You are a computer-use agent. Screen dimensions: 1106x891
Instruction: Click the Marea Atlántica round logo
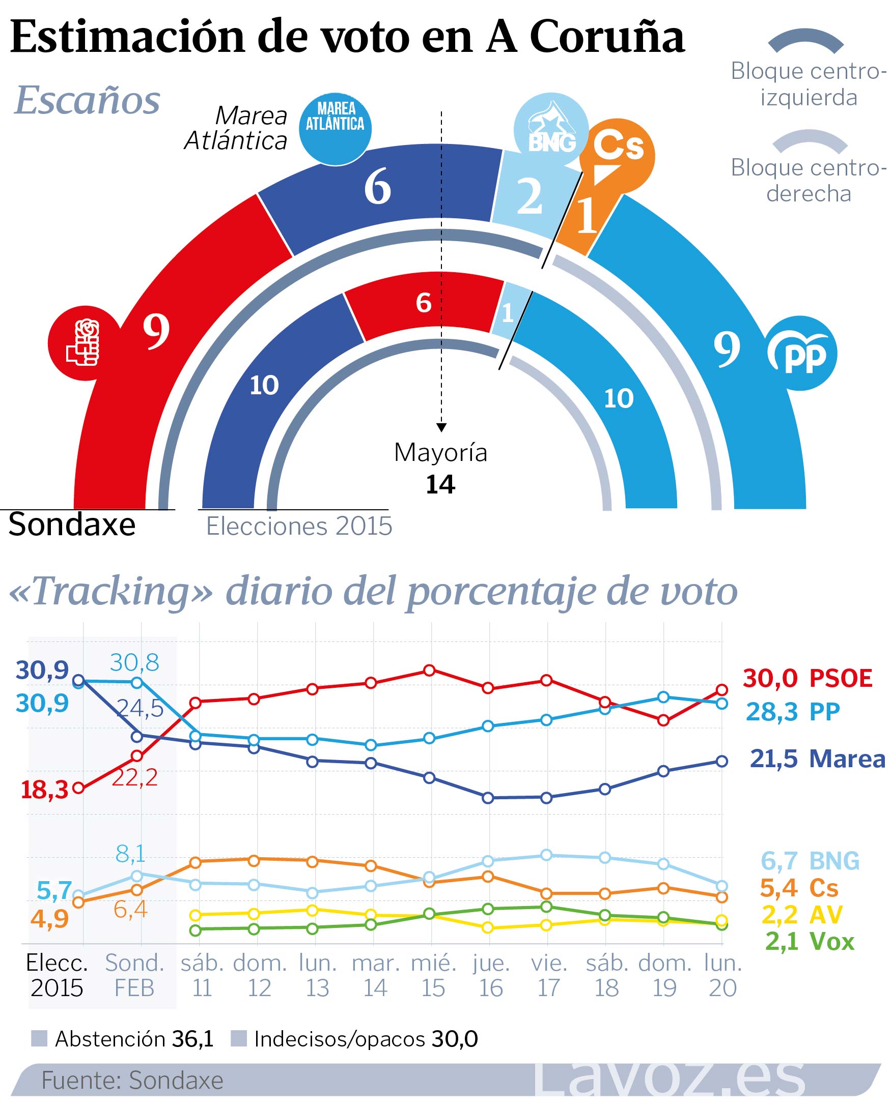(x=335, y=129)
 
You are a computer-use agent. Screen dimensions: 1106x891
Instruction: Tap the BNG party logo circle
(x=551, y=130)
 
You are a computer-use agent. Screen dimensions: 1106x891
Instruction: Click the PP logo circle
(x=800, y=354)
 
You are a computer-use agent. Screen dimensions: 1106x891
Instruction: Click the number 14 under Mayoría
(x=440, y=485)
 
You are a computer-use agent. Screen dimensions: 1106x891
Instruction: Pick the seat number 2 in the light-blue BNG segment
(x=529, y=197)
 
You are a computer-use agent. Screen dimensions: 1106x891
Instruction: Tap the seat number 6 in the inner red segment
(x=424, y=303)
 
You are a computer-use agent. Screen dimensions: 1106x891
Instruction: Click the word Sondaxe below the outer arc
(x=72, y=525)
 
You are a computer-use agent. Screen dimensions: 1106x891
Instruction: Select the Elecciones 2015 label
(x=299, y=527)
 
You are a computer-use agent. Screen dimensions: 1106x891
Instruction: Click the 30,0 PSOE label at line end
(x=808, y=678)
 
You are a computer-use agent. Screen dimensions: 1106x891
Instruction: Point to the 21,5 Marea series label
(x=817, y=759)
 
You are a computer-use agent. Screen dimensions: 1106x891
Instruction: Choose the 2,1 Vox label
(x=810, y=941)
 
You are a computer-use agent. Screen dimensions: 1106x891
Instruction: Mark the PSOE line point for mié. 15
(x=430, y=671)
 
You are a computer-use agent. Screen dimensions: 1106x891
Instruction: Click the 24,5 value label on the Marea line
(x=140, y=709)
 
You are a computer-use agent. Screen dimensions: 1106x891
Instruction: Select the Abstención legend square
(x=39, y=1038)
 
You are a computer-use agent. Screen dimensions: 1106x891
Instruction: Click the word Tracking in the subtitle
(x=111, y=592)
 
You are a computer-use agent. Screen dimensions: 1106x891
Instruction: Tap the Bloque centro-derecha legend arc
(x=810, y=141)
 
